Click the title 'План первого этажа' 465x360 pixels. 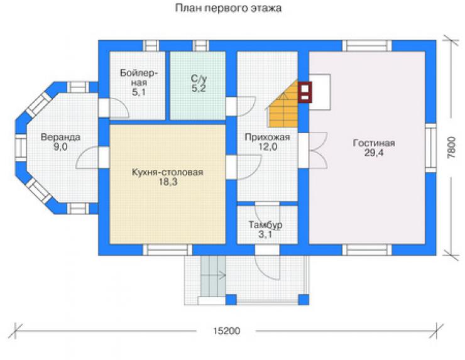coord(228,8)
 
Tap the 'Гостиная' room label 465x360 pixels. coord(374,143)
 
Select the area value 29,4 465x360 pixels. coord(374,153)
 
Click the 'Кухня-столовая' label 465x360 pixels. coord(168,172)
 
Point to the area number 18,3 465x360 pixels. coord(168,182)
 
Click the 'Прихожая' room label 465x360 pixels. coord(267,138)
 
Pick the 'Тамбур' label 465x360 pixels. coord(265,225)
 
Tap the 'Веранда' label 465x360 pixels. coord(60,138)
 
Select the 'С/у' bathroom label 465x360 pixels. coord(199,79)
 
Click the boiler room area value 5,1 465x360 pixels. coord(138,92)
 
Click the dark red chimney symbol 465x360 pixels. coord(305,92)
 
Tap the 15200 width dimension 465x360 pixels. coord(227,331)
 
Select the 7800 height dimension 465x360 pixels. coord(451,148)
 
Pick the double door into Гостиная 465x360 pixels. coord(314,151)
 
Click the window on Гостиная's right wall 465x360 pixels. coord(431,148)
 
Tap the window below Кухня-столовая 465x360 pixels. coord(168,249)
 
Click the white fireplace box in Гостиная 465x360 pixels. coord(320,92)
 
